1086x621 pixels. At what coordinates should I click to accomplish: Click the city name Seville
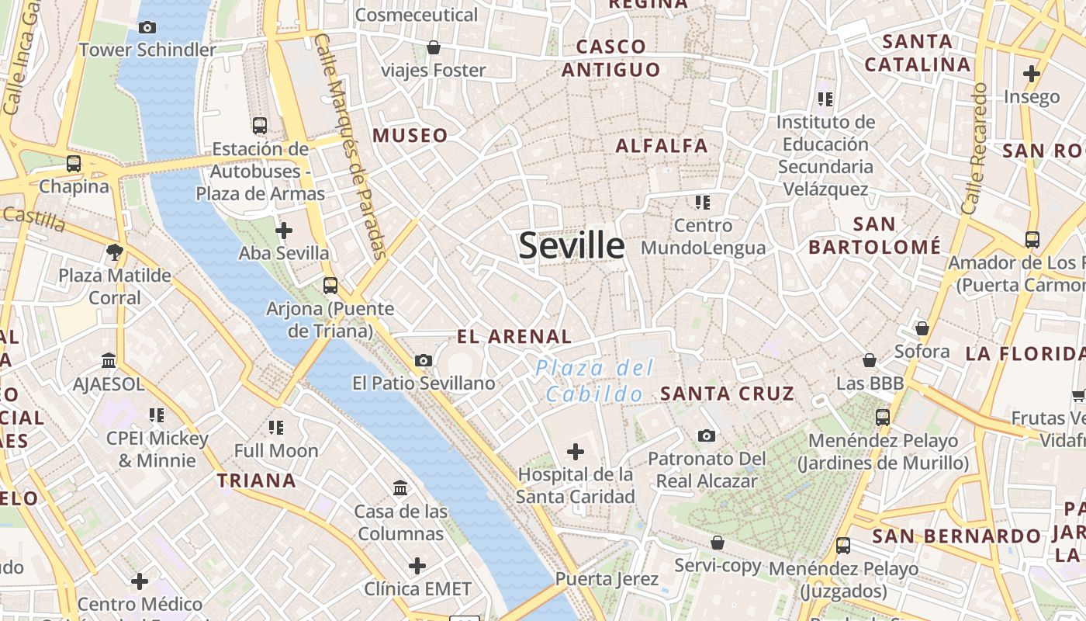coord(571,246)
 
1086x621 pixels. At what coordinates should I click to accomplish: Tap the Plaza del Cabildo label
coord(595,381)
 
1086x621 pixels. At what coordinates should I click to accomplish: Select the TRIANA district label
coord(257,480)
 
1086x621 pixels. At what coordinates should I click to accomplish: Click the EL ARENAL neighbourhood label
coord(514,337)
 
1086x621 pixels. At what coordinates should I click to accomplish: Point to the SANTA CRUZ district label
coord(727,394)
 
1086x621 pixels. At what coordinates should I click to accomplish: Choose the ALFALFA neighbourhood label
coord(662,146)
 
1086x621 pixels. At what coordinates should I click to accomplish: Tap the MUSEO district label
coord(410,136)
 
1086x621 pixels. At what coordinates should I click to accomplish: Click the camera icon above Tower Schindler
coord(147,28)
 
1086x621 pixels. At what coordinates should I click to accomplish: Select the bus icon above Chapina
coord(74,164)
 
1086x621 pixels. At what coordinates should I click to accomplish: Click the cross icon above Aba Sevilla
coord(284,231)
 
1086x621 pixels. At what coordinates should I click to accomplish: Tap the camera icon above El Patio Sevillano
coord(424,360)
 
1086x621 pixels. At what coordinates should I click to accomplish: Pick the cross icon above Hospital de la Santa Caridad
coord(576,451)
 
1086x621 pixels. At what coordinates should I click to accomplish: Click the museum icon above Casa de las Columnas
coord(400,488)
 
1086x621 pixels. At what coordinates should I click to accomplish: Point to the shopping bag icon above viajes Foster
coord(434,48)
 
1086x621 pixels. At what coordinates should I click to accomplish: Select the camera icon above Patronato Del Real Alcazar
coord(706,435)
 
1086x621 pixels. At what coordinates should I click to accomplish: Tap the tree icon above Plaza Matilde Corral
coord(115,252)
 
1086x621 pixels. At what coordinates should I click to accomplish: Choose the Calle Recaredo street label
coord(974,149)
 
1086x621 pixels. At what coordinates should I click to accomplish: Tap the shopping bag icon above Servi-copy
coord(718,543)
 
